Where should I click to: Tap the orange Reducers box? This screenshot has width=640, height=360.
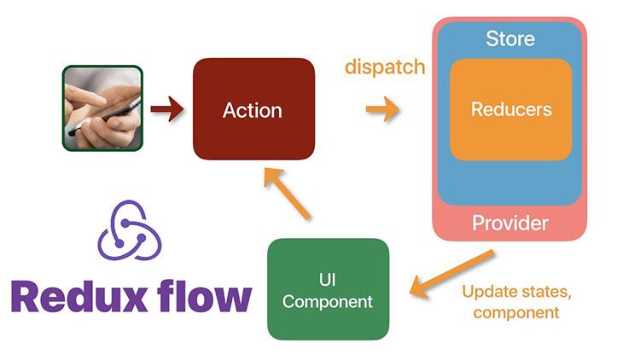click(x=510, y=109)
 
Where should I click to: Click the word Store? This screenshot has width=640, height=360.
click(x=510, y=38)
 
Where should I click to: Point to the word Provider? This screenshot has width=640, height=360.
click(x=510, y=224)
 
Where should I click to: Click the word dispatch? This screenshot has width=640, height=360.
click(x=385, y=67)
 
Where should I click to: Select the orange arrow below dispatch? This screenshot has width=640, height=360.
click(x=383, y=109)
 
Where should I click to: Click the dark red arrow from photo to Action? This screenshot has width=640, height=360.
click(x=167, y=108)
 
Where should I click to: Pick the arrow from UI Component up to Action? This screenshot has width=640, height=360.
click(x=286, y=192)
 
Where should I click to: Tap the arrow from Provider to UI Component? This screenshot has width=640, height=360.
click(x=452, y=273)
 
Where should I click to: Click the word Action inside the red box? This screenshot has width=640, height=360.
click(x=252, y=110)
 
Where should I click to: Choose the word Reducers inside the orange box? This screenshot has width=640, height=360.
click(x=510, y=109)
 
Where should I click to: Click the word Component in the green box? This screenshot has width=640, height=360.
click(x=328, y=301)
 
